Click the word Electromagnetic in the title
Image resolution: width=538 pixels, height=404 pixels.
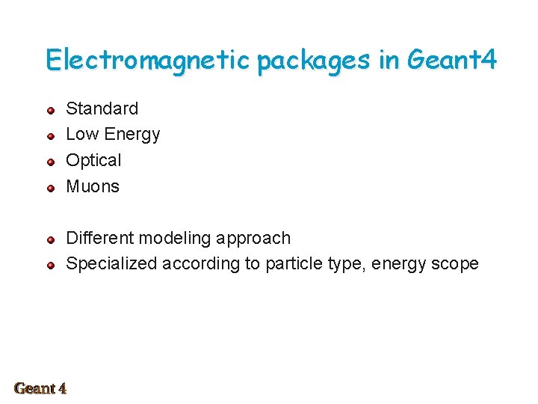[147, 59]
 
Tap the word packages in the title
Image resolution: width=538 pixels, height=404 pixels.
[313, 61]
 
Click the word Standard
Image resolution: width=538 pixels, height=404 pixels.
[102, 108]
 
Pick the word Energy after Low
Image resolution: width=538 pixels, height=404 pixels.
[132, 135]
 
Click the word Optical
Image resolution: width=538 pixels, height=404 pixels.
[93, 161]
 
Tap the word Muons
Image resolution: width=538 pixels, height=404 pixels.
[93, 186]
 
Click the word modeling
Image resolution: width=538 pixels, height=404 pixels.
[175, 239]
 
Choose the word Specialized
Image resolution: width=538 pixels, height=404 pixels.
[111, 264]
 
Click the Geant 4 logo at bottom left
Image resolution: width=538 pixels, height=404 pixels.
[40, 388]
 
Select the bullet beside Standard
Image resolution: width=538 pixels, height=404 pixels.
[50, 111]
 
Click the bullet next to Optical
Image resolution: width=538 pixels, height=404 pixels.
[50, 162]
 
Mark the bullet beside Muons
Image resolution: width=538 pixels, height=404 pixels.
[50, 189]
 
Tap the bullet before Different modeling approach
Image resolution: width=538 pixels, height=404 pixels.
[50, 240]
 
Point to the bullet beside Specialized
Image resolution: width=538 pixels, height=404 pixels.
[50, 266]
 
